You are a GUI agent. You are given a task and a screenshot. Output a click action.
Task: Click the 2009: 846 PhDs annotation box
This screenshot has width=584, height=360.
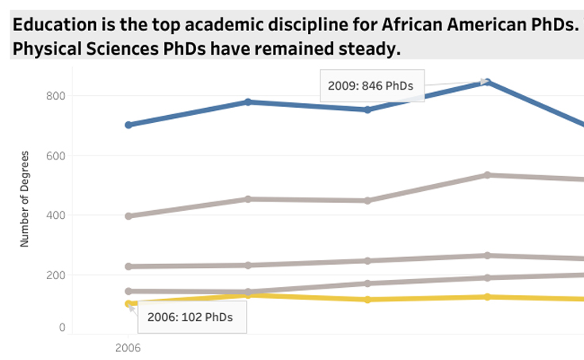371,86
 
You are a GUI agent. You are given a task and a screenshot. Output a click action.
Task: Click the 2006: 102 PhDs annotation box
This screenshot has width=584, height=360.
191,317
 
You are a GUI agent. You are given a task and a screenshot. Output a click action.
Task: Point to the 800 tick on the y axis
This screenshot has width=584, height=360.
55,96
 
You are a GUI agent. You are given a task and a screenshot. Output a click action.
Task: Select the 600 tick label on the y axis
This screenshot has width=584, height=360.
55,155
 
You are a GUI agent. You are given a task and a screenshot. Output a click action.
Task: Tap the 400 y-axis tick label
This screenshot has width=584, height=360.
55,215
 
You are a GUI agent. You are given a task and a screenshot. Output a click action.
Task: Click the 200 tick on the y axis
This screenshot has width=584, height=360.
55,275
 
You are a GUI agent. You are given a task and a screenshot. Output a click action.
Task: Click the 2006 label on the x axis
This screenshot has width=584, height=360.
128,347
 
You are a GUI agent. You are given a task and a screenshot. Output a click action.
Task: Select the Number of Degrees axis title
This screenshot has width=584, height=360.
25,199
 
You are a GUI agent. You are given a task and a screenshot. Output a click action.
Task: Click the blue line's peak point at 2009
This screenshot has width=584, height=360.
487,82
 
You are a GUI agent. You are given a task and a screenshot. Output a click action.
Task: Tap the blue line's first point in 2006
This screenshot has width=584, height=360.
129,124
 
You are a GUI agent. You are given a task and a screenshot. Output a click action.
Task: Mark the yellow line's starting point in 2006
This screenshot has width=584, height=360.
129,304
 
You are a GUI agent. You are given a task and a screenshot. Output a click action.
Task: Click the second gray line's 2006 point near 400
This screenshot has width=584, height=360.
129,216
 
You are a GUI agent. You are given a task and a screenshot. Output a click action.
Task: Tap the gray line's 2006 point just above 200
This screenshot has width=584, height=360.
129,266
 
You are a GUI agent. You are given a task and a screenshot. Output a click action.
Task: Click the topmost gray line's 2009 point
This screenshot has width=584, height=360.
487,174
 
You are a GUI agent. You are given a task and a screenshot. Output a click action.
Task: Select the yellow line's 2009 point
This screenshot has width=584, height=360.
487,297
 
